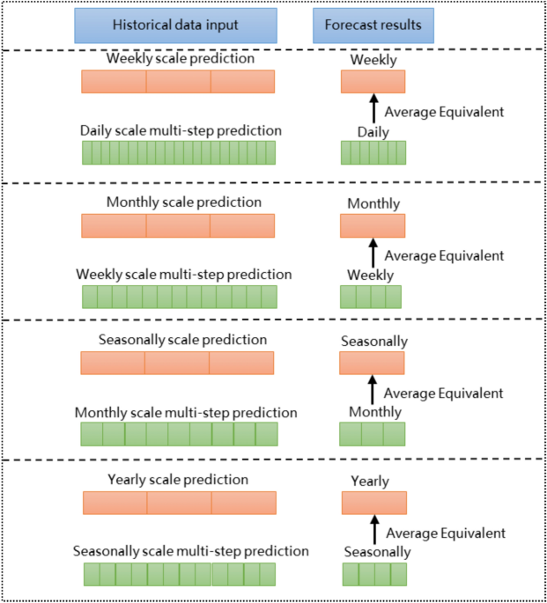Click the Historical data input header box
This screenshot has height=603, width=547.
pyautogui.click(x=175, y=26)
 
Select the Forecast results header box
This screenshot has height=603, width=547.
pyautogui.click(x=373, y=26)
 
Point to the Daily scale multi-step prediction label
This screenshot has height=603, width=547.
pyautogui.click(x=181, y=130)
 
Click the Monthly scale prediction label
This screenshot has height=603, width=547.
pyautogui.click(x=184, y=202)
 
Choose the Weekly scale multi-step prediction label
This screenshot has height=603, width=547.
pyautogui.click(x=183, y=274)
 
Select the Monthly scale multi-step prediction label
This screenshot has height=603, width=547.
pyautogui.click(x=186, y=412)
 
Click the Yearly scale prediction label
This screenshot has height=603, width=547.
pyautogui.click(x=178, y=480)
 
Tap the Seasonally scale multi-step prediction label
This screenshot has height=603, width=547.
pyautogui.click(x=191, y=551)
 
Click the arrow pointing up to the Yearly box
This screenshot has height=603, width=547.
pyautogui.click(x=373, y=530)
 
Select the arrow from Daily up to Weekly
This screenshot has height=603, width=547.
pyautogui.click(x=373, y=108)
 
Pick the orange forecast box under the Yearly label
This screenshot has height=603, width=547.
pyautogui.click(x=374, y=503)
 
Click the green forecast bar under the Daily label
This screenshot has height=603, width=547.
pyautogui.click(x=373, y=153)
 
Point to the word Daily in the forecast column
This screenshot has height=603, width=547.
pyautogui.click(x=373, y=132)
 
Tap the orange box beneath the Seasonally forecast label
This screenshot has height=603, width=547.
pyautogui.click(x=372, y=363)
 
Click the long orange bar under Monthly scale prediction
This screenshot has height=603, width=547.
pyautogui.click(x=178, y=225)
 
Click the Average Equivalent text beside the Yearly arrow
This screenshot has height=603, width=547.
pyautogui.click(x=445, y=533)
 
